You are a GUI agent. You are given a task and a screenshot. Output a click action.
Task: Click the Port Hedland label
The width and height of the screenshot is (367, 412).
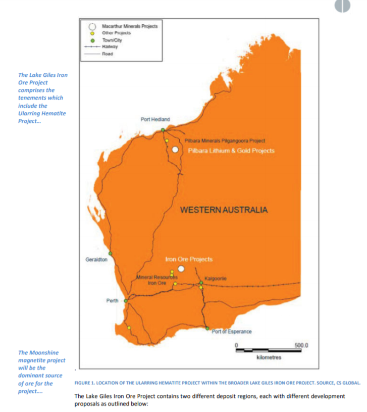[155, 119]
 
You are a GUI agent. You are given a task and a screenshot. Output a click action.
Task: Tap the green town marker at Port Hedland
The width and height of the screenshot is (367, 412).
[163, 130]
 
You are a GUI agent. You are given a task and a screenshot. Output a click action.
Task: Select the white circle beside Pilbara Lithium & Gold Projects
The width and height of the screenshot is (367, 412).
[175, 150]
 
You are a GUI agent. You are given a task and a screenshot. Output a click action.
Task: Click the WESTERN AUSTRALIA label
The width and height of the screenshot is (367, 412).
[224, 210]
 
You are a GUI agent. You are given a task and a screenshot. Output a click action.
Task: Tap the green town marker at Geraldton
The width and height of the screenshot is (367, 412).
[110, 253]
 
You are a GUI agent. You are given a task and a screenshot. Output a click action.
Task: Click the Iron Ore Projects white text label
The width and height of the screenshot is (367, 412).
[189, 259]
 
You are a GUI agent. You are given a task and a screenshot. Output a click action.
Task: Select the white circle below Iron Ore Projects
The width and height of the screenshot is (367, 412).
[181, 269]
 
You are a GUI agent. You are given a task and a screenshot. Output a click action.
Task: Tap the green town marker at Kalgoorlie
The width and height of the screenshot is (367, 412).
[201, 283]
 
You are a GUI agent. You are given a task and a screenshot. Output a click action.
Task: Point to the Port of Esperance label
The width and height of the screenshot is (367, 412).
[232, 332]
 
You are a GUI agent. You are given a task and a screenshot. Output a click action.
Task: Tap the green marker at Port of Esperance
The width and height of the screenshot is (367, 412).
[207, 329]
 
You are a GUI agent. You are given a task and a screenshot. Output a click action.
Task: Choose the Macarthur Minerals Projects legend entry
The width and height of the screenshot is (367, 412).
[130, 26]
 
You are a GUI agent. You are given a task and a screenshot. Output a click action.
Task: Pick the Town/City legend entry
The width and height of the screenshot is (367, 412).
[112, 39]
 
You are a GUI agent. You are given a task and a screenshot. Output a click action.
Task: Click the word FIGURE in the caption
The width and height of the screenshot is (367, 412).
[84, 383]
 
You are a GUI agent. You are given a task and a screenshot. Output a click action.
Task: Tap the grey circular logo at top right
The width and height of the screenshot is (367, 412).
[342, 5]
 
